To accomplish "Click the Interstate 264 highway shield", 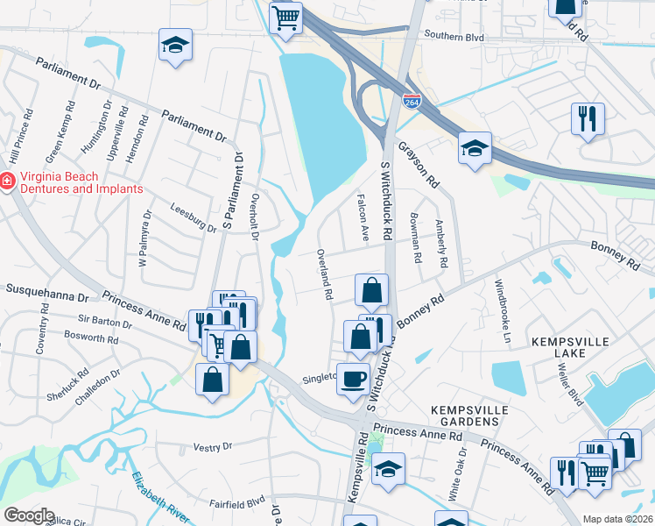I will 411,101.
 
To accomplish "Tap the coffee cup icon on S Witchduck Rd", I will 354,379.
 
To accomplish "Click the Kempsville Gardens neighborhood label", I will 464,416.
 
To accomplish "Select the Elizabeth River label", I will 163,499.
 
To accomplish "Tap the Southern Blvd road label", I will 454,37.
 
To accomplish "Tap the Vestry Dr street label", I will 214,446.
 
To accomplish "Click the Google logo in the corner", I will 29,515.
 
